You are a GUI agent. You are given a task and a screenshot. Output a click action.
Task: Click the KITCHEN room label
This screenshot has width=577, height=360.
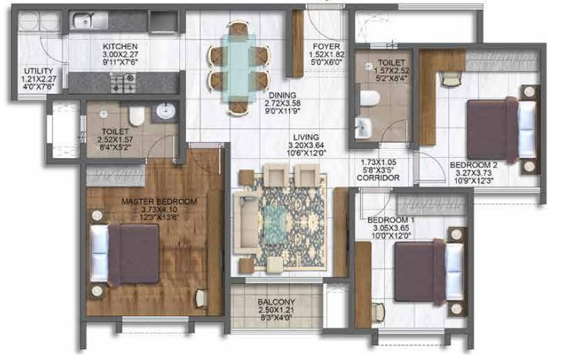coord(120,47)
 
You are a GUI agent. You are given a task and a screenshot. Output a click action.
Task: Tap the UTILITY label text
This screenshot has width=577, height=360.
coord(39,71)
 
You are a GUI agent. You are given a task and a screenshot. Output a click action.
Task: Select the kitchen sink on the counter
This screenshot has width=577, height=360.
coord(89,20)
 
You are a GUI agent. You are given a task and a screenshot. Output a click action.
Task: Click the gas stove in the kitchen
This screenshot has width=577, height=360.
coord(123,82)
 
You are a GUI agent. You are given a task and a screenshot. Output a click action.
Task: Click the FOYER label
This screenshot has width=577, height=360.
coord(326,47)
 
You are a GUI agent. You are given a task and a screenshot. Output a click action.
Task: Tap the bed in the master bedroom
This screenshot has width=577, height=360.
coord(125,254)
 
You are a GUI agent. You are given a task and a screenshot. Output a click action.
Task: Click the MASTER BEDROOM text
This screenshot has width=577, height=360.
coord(159,201)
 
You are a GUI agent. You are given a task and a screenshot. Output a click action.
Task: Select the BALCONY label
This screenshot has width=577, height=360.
coord(276,302)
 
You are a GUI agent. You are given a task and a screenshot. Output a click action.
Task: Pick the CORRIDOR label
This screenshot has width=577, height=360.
coord(378,177)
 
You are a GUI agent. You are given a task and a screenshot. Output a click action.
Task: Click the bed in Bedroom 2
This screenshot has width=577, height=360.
coord(501,129)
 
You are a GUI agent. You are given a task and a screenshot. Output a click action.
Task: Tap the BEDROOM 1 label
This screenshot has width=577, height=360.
coord(391,220)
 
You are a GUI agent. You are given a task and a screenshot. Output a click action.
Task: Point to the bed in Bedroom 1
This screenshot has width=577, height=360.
coord(429,272)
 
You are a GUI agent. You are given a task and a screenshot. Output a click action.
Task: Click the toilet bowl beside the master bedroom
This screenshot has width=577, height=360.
coord(137,116)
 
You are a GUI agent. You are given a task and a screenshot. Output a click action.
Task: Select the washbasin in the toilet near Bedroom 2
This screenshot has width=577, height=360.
coord(363,128)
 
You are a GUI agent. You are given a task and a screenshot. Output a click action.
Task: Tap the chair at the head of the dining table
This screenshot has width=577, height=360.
coord(238,29)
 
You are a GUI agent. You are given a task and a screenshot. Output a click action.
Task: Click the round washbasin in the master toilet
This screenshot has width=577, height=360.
coord(165,111)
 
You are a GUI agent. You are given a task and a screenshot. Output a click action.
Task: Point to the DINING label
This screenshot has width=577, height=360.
coord(282,96)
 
